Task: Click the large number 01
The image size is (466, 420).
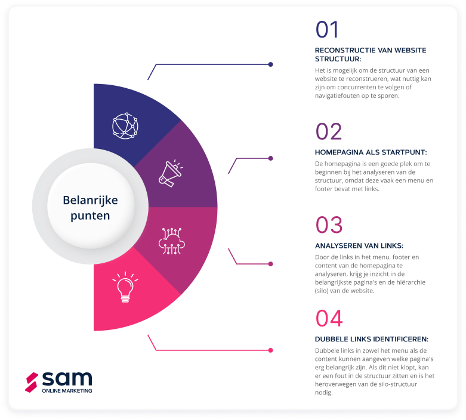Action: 327,30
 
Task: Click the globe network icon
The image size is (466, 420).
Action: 125,126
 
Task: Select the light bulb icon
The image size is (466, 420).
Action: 125,287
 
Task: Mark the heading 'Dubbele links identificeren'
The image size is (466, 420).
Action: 371,339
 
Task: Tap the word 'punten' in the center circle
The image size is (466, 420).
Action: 90,216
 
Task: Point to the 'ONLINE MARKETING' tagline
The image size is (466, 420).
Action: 67,391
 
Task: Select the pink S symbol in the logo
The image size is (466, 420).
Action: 32,382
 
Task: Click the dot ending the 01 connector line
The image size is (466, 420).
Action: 270,64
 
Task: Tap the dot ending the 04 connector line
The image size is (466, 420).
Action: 270,350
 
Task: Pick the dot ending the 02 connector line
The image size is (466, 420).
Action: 270,158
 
